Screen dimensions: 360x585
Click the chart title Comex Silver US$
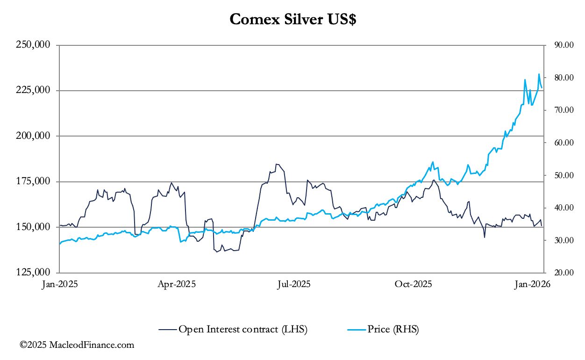point(292,20)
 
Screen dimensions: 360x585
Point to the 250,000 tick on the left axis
point(33,45)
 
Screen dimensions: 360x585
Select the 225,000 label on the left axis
point(33,91)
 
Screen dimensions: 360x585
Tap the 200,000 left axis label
point(33,136)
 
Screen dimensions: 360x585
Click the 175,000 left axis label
point(33,181)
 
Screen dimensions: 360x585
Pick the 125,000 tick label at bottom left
point(33,273)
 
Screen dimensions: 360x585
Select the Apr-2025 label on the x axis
point(177,284)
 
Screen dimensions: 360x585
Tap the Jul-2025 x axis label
point(294,284)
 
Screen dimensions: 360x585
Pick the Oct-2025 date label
point(413,284)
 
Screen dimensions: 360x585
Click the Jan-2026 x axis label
point(532,284)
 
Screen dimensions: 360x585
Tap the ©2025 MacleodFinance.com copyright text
point(77,346)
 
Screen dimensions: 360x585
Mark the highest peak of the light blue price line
point(539,74)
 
